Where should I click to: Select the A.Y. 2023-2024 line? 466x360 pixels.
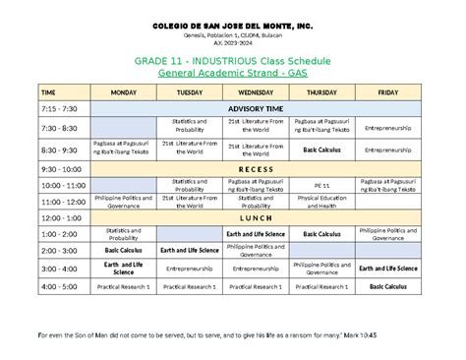click(232, 44)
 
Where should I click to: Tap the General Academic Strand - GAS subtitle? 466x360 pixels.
click(232, 73)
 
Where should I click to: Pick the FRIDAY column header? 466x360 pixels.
click(387, 91)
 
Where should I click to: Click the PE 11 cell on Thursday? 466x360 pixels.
click(322, 185)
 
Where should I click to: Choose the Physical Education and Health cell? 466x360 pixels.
click(322, 201)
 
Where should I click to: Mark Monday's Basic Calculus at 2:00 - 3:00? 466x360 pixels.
click(124, 251)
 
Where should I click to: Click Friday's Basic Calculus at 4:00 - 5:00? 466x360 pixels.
click(387, 286)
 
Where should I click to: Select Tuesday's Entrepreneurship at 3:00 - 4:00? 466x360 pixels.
click(190, 269)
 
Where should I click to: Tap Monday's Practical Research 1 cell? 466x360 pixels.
click(124, 286)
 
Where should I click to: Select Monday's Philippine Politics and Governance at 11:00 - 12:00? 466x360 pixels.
click(124, 201)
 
